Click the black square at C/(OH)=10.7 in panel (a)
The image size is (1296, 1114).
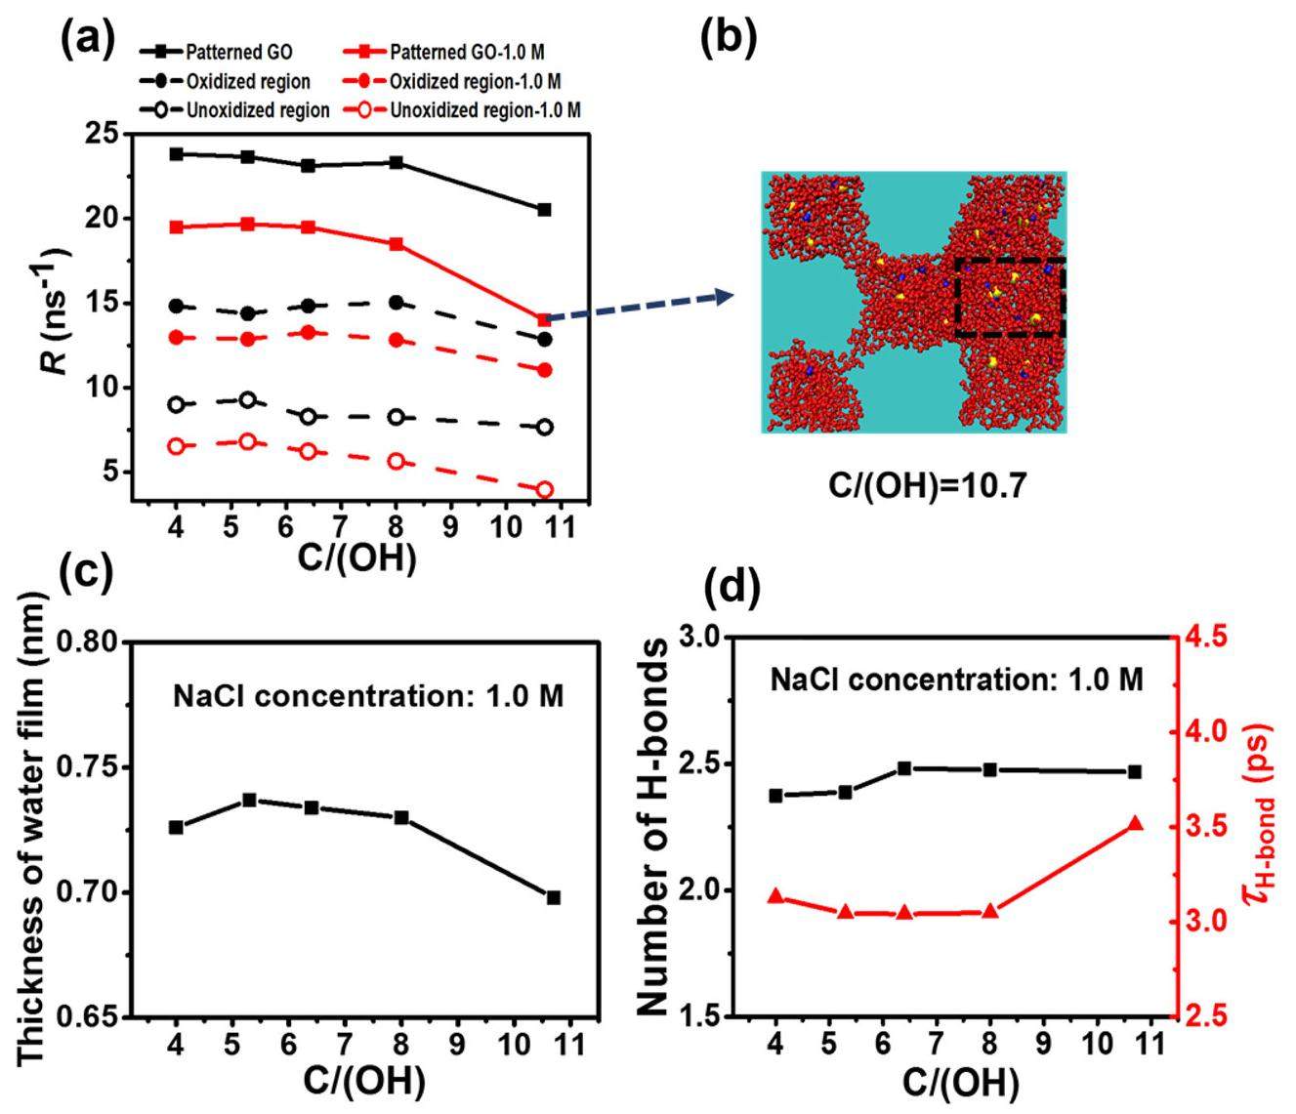pos(545,210)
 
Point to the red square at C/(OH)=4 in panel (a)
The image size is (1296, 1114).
pos(177,227)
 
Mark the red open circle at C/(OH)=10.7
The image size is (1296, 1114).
pos(545,490)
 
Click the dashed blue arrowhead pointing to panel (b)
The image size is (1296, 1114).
pos(725,296)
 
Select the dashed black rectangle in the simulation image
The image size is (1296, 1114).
pos(1009,298)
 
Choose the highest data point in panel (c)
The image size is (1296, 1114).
pos(249,801)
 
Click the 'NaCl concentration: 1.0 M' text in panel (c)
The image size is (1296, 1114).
pos(369,696)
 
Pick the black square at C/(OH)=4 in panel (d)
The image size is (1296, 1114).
pos(776,796)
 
